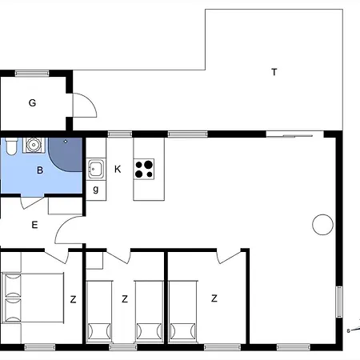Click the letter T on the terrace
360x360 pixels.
(274, 72)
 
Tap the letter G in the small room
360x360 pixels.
(33, 102)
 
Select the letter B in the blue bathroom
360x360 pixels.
(39, 170)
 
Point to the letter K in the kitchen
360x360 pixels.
(118, 169)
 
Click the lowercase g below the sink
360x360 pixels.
(96, 189)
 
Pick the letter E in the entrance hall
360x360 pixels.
(34, 225)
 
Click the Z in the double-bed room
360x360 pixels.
(73, 299)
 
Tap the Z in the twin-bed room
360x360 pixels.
(125, 299)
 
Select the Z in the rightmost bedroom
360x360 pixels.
(214, 299)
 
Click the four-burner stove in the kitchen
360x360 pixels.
(145, 169)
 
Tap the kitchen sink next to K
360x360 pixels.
(96, 169)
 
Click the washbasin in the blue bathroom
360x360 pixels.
(33, 145)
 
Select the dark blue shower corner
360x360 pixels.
(68, 154)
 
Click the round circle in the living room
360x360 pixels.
(322, 224)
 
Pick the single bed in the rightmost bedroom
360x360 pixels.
(183, 310)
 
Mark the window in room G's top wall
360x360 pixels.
(32, 73)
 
